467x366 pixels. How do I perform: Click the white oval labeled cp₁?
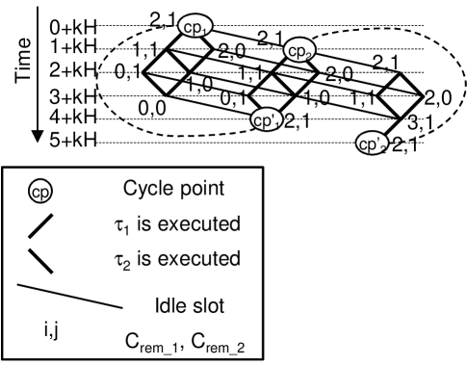coord(195,27)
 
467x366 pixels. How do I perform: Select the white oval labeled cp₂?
coord(299,50)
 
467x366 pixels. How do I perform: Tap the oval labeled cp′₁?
coord(267,120)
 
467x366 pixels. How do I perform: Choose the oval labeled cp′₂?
coord(372,144)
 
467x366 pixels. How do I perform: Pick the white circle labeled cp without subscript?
coord(40,192)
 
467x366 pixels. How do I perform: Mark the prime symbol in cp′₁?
coord(272,116)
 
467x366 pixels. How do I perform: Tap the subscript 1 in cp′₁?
coord(276,124)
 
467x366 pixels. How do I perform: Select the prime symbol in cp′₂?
coord(377,139)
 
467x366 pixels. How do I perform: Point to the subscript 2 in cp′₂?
coord(382,147)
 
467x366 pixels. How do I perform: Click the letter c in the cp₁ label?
coord(187,27)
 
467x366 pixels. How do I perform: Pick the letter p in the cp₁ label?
coord(195,29)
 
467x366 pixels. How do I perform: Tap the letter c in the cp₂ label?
coord(292,50)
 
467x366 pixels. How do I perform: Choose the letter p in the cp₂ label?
coord(300,52)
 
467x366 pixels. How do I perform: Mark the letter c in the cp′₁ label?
coord(257,120)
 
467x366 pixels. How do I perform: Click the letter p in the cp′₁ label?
coord(266,122)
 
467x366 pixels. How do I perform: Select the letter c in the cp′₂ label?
coord(362,144)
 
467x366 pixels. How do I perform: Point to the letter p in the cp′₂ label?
coord(371,145)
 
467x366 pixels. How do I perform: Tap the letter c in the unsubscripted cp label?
coord(36,193)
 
